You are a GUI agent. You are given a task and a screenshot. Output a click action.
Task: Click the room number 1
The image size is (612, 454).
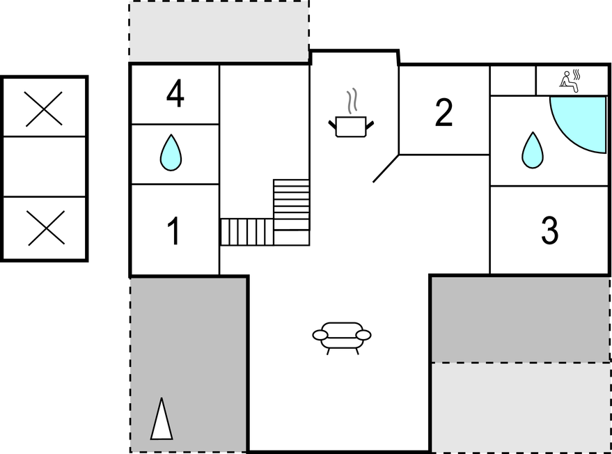[x=173, y=231]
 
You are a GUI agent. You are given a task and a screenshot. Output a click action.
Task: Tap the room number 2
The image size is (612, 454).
[x=444, y=112]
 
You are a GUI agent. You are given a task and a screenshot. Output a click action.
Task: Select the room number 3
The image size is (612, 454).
[x=549, y=230]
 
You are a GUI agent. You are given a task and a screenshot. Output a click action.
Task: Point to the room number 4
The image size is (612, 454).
[x=175, y=94]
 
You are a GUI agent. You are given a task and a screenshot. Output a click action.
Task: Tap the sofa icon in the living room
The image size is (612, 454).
[x=342, y=338]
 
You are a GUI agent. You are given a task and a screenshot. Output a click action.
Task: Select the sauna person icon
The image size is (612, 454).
[x=570, y=81]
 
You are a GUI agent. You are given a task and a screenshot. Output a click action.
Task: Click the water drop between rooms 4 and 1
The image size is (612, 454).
[x=171, y=153]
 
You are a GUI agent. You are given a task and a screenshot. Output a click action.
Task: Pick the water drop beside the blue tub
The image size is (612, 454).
[x=533, y=150]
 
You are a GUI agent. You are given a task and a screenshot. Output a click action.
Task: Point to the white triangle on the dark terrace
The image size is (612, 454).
[x=162, y=419]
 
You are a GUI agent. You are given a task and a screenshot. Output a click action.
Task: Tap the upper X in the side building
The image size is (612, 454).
[x=44, y=109]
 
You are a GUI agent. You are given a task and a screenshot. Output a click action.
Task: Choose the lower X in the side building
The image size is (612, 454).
[x=46, y=228]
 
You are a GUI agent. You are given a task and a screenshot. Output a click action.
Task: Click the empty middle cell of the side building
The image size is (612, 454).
[x=44, y=166]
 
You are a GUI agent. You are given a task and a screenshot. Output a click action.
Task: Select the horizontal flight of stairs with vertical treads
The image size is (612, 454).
[x=247, y=232]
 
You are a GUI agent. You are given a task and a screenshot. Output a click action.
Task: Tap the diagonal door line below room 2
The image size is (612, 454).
[x=386, y=169]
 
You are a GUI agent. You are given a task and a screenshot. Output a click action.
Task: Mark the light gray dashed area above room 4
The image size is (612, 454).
[x=219, y=31]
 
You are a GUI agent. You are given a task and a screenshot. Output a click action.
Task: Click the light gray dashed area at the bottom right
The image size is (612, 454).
[x=521, y=407]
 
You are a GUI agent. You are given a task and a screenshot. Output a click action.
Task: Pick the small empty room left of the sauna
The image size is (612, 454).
[x=513, y=80]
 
